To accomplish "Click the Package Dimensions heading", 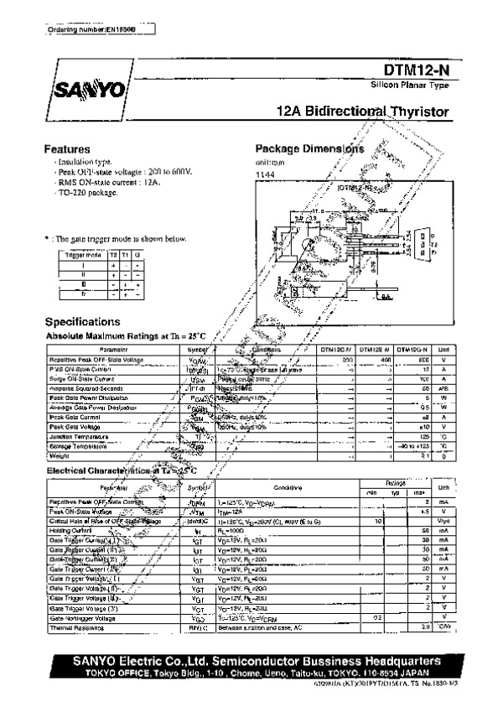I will tap(309, 148).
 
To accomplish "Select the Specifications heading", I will tap(81, 322).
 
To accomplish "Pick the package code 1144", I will tap(265, 174).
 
